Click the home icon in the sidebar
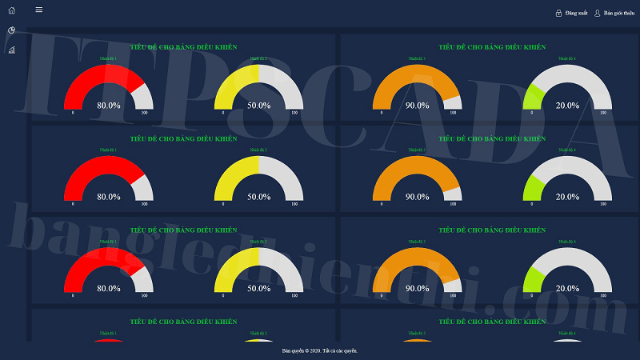point(11,10)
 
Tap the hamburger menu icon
point(39,10)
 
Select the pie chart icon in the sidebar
point(11,30)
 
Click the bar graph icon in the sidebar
point(11,50)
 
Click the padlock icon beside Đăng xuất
point(558,14)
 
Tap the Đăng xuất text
point(576,14)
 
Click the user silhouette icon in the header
point(598,14)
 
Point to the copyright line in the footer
point(320,350)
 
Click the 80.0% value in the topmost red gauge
point(109,105)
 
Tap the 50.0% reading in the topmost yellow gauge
point(258,105)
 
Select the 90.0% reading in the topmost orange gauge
point(417,105)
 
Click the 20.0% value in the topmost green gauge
point(567,105)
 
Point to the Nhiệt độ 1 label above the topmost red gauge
point(108,58)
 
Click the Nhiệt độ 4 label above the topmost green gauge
point(567,58)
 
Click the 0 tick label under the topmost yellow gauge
point(223,113)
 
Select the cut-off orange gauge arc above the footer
point(417,341)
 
